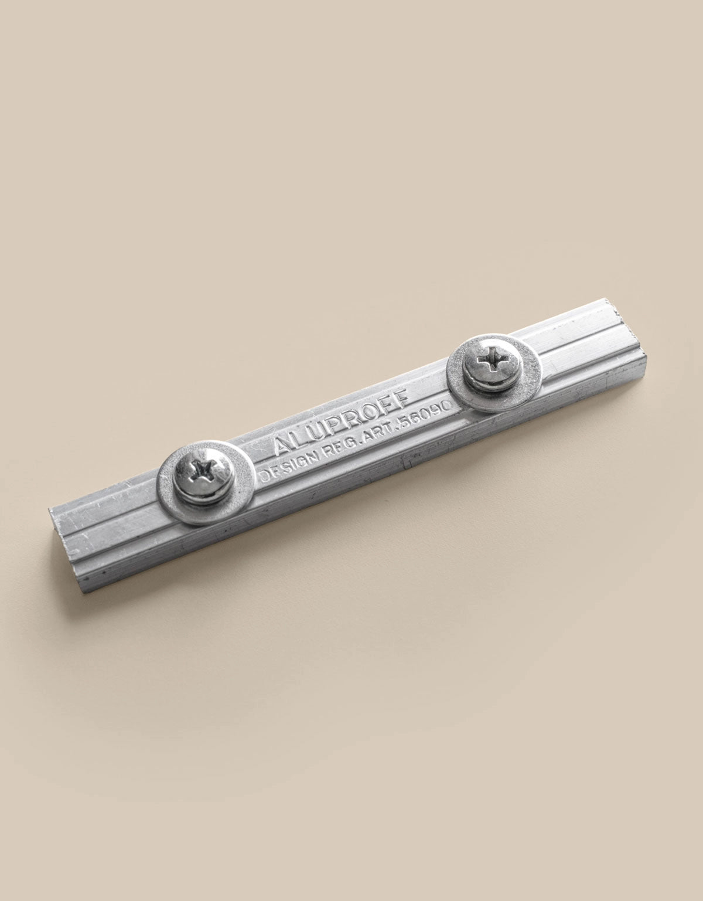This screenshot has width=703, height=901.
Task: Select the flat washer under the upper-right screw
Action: coord(494,373)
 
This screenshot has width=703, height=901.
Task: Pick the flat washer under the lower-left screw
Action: coord(206,482)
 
